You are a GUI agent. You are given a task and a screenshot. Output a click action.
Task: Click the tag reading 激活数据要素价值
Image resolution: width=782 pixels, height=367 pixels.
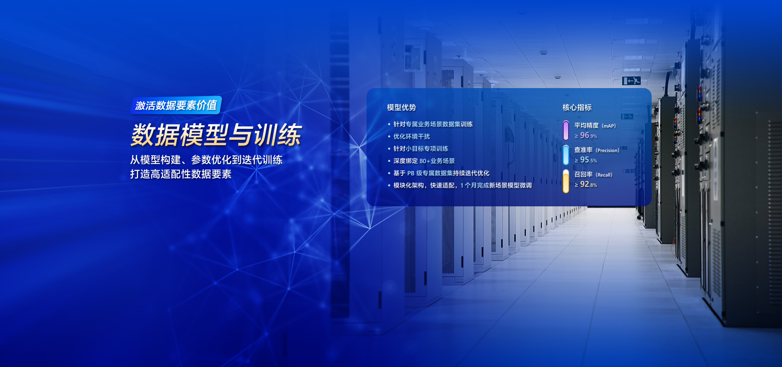click(x=176, y=105)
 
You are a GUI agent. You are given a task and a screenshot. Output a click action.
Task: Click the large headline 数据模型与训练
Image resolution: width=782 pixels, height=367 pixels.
click(x=216, y=135)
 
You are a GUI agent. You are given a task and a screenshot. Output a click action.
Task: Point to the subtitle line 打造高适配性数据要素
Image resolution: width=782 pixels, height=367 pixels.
click(x=181, y=174)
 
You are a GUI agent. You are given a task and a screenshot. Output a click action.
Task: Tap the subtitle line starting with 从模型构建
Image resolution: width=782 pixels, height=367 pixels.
click(x=206, y=160)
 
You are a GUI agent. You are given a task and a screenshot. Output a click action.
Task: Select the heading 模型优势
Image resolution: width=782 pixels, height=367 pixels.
click(x=401, y=107)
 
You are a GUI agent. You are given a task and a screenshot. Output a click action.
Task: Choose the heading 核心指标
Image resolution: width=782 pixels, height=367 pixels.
click(x=577, y=107)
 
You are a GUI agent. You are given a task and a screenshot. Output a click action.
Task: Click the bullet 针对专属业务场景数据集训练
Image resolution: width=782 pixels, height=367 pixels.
click(x=433, y=124)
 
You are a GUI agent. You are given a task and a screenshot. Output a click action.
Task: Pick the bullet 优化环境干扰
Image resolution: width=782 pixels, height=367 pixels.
click(x=411, y=137)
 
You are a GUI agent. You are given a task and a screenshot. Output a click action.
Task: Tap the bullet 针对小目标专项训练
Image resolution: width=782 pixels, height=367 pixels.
click(x=421, y=149)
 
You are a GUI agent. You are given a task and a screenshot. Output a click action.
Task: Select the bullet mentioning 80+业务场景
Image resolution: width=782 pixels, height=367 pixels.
click(x=424, y=161)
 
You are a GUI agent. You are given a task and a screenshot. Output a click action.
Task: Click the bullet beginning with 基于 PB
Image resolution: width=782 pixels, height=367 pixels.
click(x=441, y=173)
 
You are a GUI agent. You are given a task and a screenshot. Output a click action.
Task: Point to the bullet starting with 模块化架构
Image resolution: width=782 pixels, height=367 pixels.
click(x=462, y=186)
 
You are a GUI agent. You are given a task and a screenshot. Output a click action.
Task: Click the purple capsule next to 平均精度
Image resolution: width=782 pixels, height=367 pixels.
click(x=566, y=130)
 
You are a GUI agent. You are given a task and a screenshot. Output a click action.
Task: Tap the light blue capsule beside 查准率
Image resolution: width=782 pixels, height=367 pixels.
click(x=566, y=155)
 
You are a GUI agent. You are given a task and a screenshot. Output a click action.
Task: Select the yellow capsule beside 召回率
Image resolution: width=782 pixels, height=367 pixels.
click(x=566, y=181)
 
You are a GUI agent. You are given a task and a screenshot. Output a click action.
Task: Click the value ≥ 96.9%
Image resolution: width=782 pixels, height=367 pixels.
click(x=586, y=135)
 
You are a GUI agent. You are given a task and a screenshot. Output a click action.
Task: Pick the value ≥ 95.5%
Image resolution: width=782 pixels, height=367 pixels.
click(x=586, y=160)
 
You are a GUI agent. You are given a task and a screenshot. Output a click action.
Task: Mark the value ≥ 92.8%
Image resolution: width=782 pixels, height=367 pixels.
click(x=586, y=184)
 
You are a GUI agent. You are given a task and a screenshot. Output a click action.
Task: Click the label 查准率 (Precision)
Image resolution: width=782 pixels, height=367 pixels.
click(x=597, y=150)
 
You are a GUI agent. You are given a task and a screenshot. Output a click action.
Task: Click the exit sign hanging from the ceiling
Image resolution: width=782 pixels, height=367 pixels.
click(x=631, y=81)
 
